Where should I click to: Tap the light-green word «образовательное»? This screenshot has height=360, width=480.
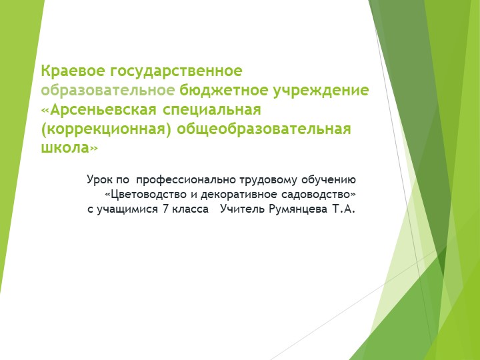[108, 89]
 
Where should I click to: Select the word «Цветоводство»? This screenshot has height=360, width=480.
[150, 195]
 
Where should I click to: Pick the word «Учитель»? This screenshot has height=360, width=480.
[247, 210]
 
